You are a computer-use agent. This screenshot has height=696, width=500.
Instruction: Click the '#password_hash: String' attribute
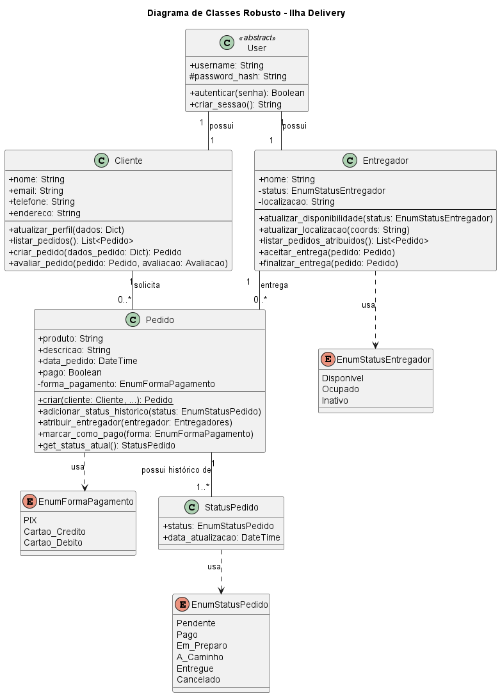238,76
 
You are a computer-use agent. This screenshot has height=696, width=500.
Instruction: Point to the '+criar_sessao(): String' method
236,104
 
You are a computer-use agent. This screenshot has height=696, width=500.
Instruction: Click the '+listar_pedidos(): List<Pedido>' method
71,241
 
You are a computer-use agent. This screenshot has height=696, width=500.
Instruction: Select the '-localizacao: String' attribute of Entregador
296,202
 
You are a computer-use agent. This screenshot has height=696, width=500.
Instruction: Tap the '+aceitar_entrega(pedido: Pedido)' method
327,252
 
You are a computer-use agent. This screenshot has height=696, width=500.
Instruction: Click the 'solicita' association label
147,285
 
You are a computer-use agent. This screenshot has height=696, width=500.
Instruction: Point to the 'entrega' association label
274,285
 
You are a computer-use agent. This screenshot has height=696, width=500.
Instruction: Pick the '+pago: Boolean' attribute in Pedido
70,372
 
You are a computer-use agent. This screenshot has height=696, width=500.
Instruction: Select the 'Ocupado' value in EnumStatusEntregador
341,389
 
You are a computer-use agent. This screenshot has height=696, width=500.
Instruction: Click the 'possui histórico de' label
176,470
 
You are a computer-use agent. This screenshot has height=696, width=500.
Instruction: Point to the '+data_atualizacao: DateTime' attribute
222,537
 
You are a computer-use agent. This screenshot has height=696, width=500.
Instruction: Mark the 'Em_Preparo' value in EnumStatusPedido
202,645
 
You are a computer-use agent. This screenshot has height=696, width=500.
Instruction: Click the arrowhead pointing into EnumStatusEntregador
375,344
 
